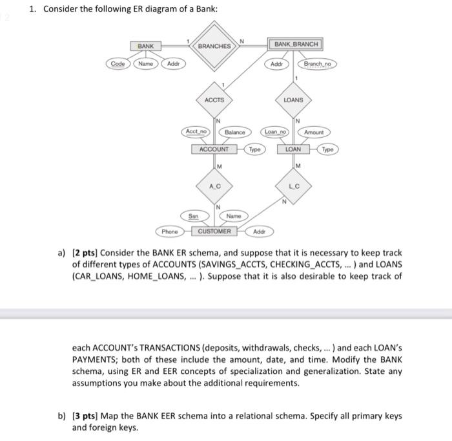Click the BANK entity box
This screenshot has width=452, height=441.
pos(146,47)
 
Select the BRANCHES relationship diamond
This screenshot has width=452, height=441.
pos(214,47)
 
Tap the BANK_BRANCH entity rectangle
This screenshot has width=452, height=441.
pos(296,44)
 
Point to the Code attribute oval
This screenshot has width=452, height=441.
pos(118,64)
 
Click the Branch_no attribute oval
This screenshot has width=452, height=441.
pos(316,65)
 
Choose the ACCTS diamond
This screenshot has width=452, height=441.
pos(214,100)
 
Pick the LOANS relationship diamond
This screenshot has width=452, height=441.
pos(293,100)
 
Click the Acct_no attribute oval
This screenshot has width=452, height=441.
pos(196,131)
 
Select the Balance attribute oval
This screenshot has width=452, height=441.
pos(234,132)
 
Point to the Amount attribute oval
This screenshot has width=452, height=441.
pos(314,132)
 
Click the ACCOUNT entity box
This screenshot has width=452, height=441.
pos(214,149)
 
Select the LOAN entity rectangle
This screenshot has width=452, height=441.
pos(293,149)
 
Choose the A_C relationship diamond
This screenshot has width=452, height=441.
pos(214,186)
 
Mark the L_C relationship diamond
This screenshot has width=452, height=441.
pos(293,186)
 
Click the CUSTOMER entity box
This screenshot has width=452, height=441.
pos(214,231)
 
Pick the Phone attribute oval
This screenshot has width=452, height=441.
pos(170,231)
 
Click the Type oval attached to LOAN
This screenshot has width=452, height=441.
pos(327,149)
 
